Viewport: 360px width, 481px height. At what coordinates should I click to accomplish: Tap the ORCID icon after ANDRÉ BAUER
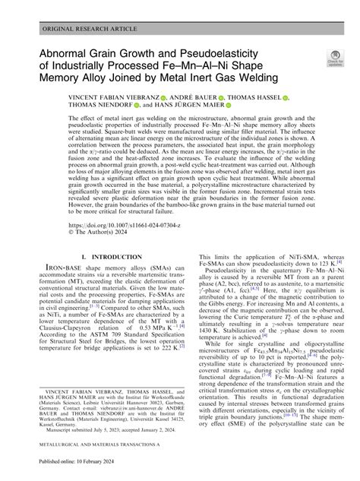click(219, 99)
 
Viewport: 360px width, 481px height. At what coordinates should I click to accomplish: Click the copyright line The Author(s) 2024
click(101, 234)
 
